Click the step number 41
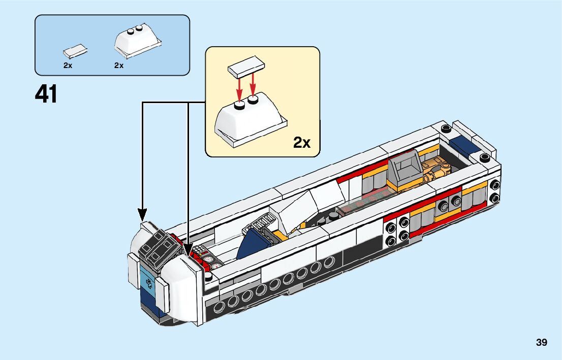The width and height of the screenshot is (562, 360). (x=46, y=94)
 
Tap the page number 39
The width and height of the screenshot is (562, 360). (x=541, y=343)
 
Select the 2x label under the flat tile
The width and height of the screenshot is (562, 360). (x=68, y=66)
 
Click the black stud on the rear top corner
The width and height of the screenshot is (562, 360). (x=446, y=127)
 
